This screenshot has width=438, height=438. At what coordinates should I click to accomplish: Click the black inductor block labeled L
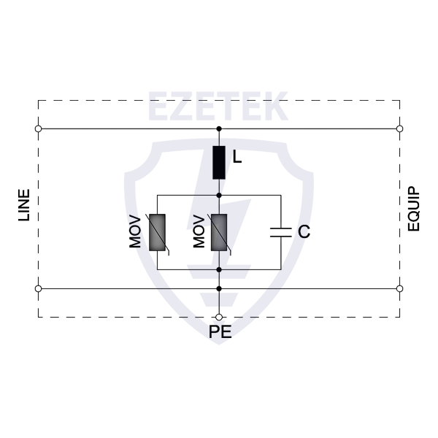click(219, 162)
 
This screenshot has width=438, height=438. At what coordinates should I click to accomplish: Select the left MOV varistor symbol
click(157, 234)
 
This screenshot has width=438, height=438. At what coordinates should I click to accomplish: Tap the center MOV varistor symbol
click(219, 234)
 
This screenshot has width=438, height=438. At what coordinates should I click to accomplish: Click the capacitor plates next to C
click(281, 232)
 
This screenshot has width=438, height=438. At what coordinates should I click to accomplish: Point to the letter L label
click(237, 157)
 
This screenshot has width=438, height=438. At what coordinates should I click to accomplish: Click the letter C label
click(304, 231)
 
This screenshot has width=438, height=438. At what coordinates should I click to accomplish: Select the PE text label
click(220, 332)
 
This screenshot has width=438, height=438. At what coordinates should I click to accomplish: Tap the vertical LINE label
click(24, 205)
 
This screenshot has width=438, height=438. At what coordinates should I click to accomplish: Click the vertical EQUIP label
click(414, 209)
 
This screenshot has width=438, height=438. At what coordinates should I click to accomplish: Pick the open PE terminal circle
click(219, 317)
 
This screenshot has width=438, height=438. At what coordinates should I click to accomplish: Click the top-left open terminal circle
click(38, 128)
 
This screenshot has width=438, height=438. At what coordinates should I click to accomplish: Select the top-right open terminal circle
click(400, 128)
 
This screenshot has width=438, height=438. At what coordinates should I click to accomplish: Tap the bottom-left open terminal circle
click(38, 288)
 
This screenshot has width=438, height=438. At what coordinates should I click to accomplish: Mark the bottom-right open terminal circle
click(400, 288)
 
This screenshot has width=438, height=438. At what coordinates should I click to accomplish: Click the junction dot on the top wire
click(219, 128)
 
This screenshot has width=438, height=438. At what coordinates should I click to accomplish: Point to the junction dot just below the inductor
click(219, 195)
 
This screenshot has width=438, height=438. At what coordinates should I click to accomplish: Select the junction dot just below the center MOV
click(219, 269)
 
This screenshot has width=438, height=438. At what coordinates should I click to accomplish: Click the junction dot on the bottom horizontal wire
click(219, 288)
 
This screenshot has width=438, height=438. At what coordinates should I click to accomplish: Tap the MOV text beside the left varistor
click(135, 231)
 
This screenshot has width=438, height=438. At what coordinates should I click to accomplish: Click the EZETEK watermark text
click(218, 106)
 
